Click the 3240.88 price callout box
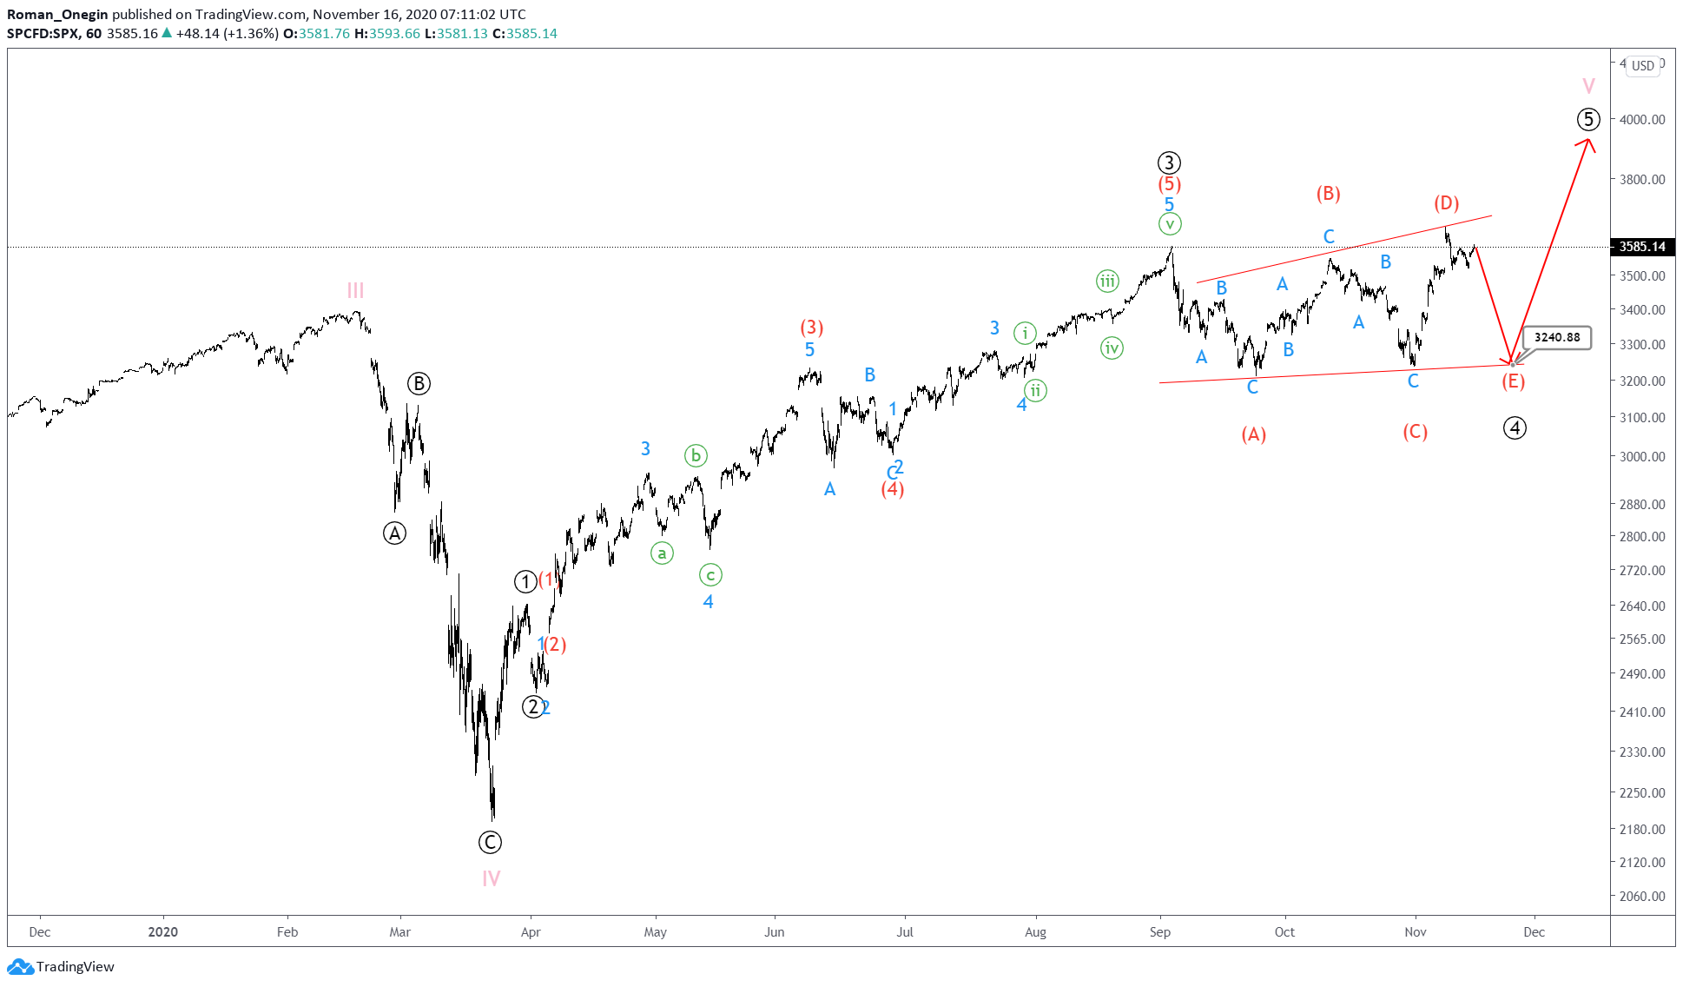tap(1557, 337)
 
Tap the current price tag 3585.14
tap(1642, 247)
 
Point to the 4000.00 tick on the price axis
tap(1642, 119)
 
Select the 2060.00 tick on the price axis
tap(1642, 896)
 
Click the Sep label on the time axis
tap(1160, 932)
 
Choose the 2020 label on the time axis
tap(162, 932)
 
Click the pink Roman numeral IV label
tap(491, 878)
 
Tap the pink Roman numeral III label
tap(355, 290)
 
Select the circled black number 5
tap(1588, 119)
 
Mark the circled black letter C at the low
tap(490, 842)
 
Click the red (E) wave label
tap(1513, 381)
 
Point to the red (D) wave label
tap(1446, 203)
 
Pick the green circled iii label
tap(1107, 281)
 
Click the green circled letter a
tap(662, 553)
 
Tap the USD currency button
tap(1642, 66)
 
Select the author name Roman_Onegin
tap(57, 14)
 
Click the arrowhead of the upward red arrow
tap(1589, 142)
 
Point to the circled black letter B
tap(419, 383)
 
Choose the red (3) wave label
tap(811, 328)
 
